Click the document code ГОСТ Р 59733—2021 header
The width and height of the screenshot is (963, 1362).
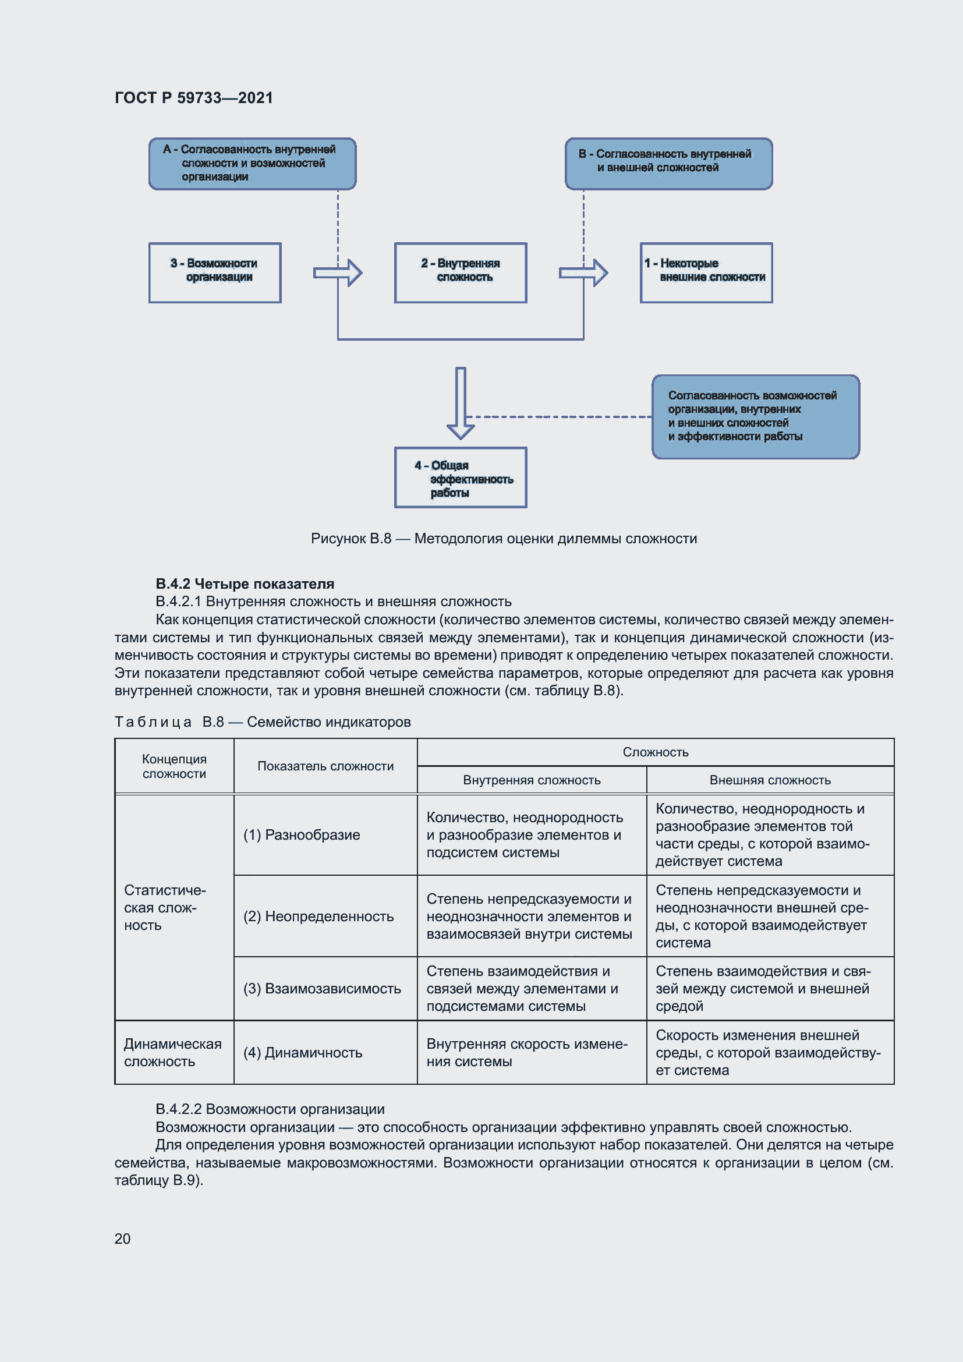[193, 98]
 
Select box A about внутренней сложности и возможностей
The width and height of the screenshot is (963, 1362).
[252, 164]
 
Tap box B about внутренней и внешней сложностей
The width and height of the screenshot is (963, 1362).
[668, 164]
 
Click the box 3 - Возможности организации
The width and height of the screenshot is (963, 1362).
[215, 273]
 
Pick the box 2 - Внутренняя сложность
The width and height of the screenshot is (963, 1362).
[460, 273]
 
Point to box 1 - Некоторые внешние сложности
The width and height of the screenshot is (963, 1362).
[706, 273]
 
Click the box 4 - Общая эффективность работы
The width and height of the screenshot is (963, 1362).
[460, 477]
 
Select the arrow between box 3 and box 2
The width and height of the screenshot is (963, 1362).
[338, 273]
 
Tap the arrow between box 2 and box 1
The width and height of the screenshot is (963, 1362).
[583, 273]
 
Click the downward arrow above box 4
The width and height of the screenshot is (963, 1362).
[461, 403]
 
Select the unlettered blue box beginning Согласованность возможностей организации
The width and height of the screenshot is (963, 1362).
[756, 416]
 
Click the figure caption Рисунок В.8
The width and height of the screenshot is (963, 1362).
[504, 539]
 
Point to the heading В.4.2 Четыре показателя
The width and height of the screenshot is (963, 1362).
[245, 583]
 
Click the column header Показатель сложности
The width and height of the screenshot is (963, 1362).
[325, 766]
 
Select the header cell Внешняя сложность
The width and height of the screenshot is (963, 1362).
[770, 780]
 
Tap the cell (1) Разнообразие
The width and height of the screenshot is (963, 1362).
[302, 834]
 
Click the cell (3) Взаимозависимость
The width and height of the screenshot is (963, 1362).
[322, 988]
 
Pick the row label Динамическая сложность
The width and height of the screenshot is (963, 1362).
[172, 1052]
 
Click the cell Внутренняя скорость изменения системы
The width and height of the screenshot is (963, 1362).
[526, 1052]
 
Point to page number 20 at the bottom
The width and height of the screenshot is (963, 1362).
[122, 1239]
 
